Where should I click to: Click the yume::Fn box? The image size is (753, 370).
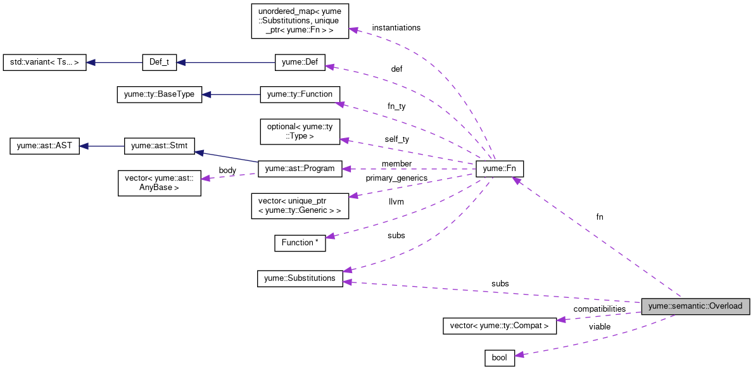(500, 169)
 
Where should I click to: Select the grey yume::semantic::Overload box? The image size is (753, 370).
(696, 306)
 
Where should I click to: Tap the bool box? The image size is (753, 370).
(500, 357)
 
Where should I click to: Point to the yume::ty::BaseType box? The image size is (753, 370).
(159, 94)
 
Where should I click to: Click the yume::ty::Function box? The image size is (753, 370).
(300, 94)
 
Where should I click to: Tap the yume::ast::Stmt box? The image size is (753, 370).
(159, 146)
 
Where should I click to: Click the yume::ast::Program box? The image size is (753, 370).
(300, 169)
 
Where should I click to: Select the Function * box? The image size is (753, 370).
(300, 243)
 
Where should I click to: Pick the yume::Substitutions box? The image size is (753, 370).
(300, 278)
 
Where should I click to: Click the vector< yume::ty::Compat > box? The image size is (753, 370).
(499, 326)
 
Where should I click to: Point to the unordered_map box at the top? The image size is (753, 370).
(300, 21)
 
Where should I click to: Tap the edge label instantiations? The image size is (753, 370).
(396, 28)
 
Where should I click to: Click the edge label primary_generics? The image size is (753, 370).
(396, 179)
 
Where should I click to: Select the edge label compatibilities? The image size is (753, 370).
(599, 309)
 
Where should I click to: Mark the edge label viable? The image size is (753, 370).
(599, 327)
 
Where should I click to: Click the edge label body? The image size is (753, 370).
(227, 170)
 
